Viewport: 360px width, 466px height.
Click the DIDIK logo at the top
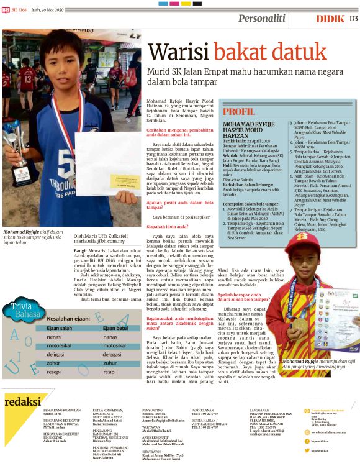[330, 19]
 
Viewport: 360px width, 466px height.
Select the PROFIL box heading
[239, 112]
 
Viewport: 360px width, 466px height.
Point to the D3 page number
[353, 19]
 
